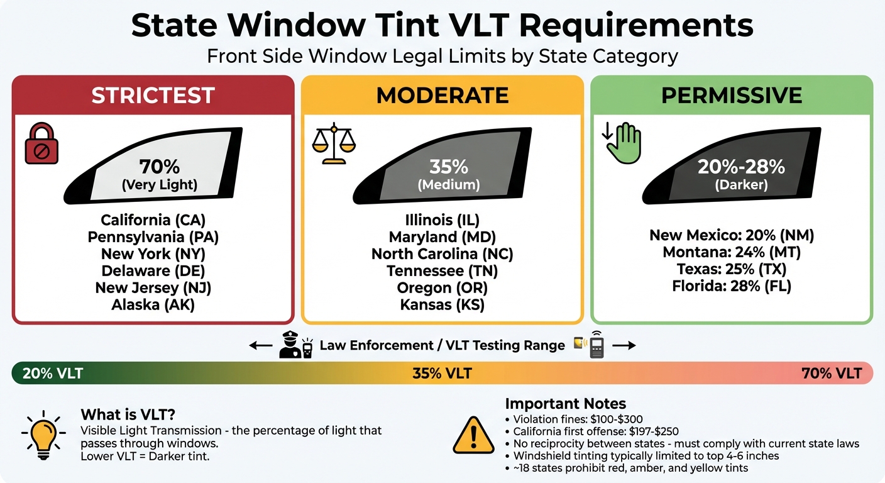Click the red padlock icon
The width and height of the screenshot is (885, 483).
tap(41, 145)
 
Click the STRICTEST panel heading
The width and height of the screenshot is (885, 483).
tap(153, 96)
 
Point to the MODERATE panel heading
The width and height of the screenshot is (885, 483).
tap(442, 96)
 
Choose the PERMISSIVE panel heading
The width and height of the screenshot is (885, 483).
tap(732, 96)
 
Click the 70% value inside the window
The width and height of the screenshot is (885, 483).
tap(160, 167)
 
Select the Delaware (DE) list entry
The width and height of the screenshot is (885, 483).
tap(153, 271)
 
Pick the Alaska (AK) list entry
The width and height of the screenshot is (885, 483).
tap(153, 305)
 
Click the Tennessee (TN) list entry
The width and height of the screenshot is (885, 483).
tap(442, 271)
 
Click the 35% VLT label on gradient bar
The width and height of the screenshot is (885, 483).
tap(442, 374)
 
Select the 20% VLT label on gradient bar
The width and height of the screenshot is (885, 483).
tap(53, 374)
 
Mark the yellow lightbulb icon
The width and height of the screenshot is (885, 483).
tap(41, 434)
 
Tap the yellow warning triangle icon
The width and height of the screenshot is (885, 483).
tap(473, 434)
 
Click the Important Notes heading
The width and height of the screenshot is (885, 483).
tap(566, 404)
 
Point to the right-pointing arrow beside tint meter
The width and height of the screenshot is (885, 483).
tap(624, 345)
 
